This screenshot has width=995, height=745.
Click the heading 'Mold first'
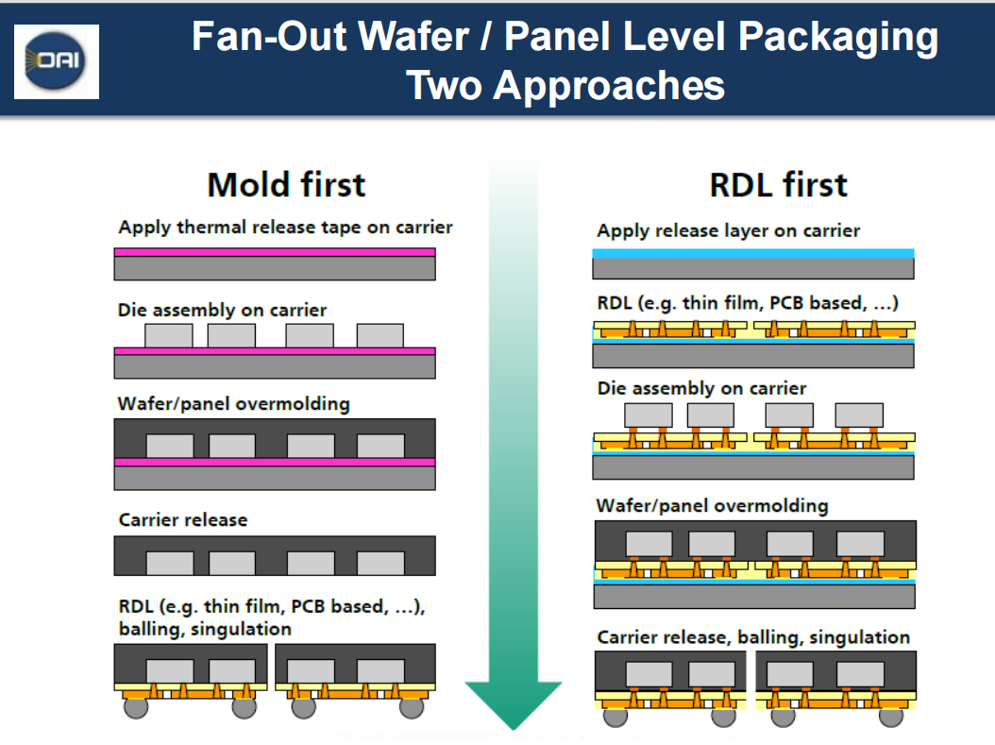click(x=285, y=184)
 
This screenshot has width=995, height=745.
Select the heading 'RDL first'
click(x=778, y=184)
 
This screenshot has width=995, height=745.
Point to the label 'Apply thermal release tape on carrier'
click(x=285, y=228)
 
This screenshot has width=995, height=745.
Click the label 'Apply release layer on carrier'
click(x=728, y=230)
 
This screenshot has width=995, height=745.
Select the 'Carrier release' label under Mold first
click(x=182, y=520)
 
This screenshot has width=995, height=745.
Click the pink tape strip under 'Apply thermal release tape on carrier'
click(x=274, y=252)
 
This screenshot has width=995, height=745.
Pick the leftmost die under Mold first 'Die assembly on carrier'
click(x=168, y=335)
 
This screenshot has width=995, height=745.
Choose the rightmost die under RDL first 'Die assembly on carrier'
click(x=859, y=415)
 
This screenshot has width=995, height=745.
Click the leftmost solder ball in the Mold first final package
click(x=136, y=705)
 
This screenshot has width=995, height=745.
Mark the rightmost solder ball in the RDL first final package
click(x=889, y=716)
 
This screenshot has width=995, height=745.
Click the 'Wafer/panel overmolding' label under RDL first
click(x=712, y=505)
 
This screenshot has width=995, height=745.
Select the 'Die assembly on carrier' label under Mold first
click(x=222, y=310)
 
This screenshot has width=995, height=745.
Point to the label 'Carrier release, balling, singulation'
click(x=753, y=637)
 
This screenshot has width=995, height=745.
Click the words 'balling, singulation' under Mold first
click(x=205, y=629)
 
